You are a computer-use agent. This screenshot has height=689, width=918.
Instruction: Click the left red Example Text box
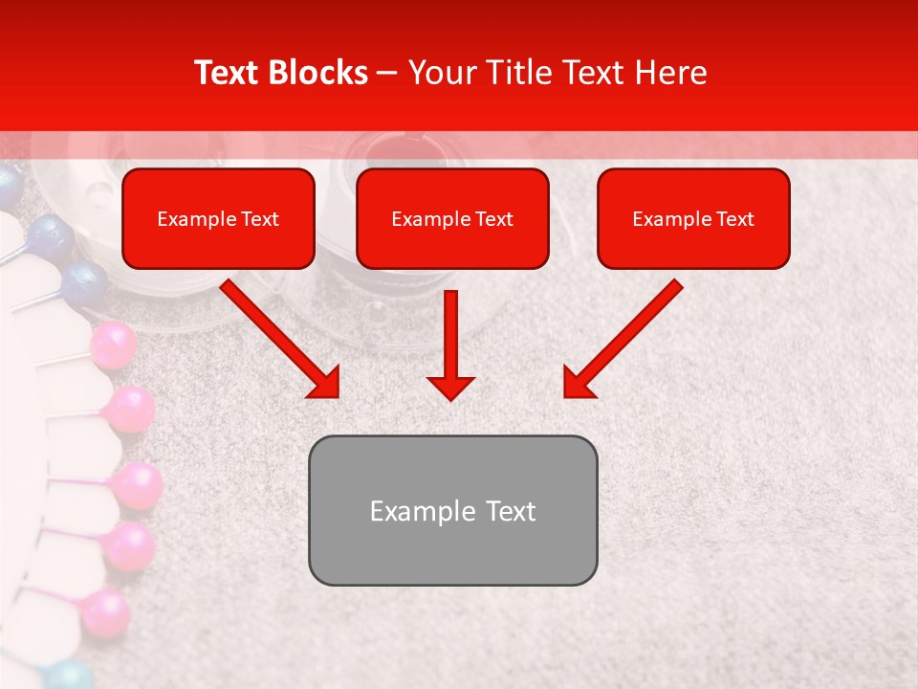(218, 219)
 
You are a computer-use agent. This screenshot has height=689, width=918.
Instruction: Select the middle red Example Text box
(452, 219)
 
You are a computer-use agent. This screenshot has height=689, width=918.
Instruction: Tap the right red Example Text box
(693, 219)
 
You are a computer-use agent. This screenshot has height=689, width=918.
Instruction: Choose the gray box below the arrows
(452, 510)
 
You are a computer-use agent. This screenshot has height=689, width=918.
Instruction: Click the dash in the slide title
(387, 74)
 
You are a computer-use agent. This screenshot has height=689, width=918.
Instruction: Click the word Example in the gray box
(417, 511)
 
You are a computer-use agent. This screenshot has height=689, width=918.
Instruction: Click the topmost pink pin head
(113, 345)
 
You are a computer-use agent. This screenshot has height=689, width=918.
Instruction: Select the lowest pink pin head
(104, 612)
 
